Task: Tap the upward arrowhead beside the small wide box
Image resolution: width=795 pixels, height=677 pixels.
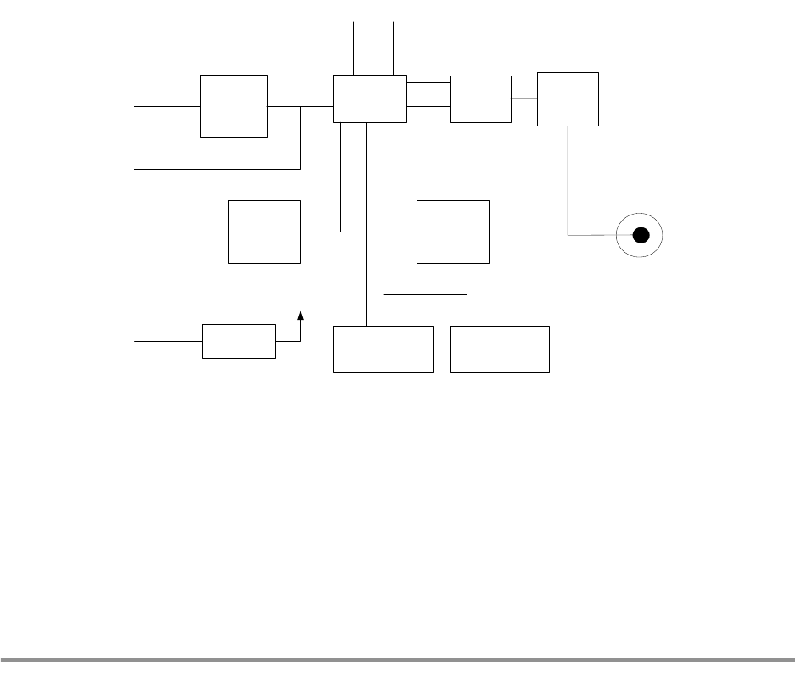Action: click(x=300, y=316)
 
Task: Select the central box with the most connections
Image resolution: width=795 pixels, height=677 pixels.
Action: click(x=370, y=98)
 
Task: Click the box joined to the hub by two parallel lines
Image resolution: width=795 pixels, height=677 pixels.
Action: click(x=480, y=99)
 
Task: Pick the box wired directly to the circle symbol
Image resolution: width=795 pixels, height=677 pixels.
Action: click(x=568, y=99)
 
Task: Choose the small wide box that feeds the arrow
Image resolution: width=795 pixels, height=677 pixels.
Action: click(x=238, y=341)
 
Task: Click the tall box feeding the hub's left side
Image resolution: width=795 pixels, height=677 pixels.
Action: click(x=233, y=106)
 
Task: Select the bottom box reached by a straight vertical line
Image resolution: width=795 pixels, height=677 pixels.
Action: click(x=383, y=349)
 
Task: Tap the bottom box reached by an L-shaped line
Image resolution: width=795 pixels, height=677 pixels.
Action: click(x=499, y=349)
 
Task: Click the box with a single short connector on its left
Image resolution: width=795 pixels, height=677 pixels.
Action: click(x=453, y=232)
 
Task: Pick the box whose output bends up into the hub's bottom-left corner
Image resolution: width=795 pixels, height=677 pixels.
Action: click(x=265, y=232)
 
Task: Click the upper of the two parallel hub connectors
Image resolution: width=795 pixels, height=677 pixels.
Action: click(x=428, y=83)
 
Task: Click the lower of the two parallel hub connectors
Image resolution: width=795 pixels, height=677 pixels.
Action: click(x=428, y=107)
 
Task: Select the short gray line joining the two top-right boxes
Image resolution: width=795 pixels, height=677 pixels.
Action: click(x=524, y=99)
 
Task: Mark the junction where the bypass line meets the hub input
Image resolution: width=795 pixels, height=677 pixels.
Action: click(x=301, y=107)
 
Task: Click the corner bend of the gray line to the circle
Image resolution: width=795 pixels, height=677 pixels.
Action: click(x=568, y=235)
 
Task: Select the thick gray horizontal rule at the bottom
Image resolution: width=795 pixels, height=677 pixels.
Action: click(x=397, y=659)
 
